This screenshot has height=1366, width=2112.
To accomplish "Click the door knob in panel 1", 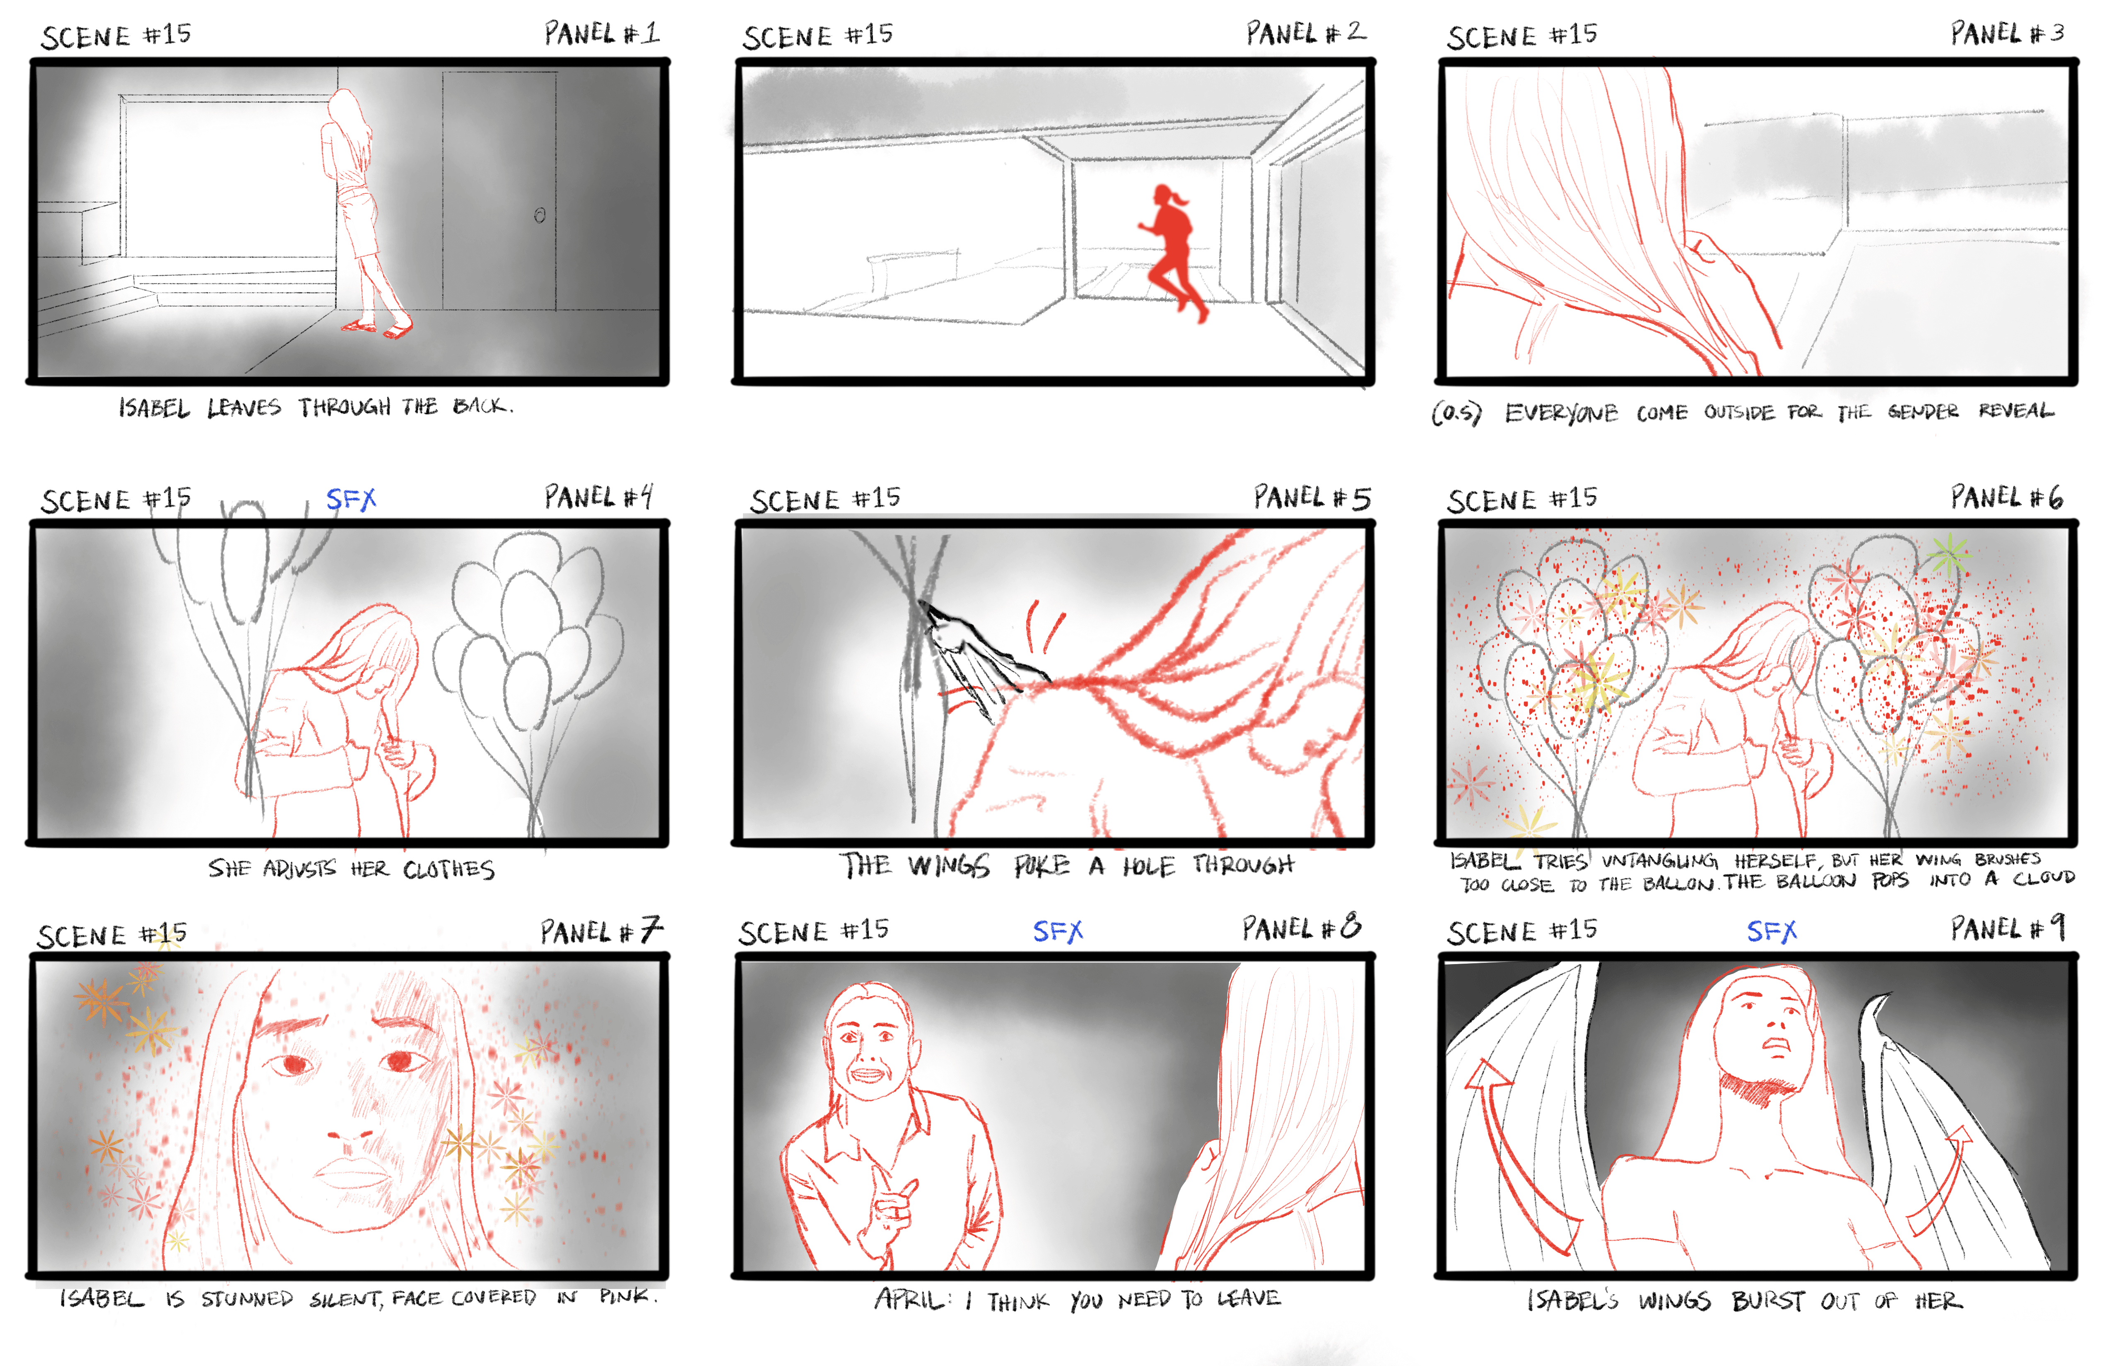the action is (x=540, y=216).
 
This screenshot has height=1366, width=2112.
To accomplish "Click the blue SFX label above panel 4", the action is (x=352, y=499).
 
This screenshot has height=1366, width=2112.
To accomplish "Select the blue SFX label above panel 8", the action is (x=1058, y=931).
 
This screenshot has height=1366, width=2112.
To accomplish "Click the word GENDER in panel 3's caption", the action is (x=1922, y=411).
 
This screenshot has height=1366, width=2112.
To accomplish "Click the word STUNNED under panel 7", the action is (x=247, y=1299).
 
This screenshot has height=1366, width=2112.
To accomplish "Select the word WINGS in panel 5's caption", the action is (x=948, y=866).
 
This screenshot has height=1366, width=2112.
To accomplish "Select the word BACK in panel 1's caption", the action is (x=482, y=406).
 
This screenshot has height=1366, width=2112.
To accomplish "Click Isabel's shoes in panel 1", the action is (x=377, y=328).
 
